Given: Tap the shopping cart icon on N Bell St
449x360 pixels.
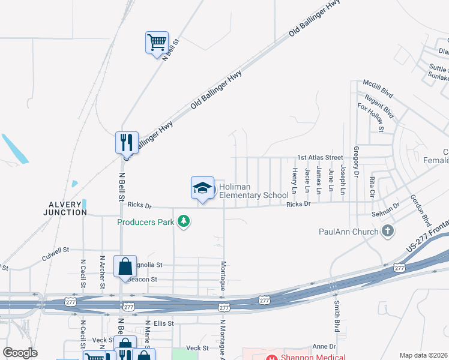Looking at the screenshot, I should click(x=157, y=43).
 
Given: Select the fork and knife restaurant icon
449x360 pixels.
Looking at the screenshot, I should click(x=127, y=143).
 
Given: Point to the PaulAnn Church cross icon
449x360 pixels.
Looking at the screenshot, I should click(x=388, y=231).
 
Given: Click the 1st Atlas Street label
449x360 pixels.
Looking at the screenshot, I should click(x=320, y=157).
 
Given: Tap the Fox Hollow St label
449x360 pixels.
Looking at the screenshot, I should click(x=370, y=116).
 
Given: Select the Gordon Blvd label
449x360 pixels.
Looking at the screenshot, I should click(x=421, y=209).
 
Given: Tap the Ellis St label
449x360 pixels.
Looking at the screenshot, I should click(x=163, y=323).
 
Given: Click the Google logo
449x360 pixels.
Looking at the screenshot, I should click(x=20, y=352).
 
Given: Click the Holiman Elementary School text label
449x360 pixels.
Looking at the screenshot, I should click(x=253, y=191).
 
